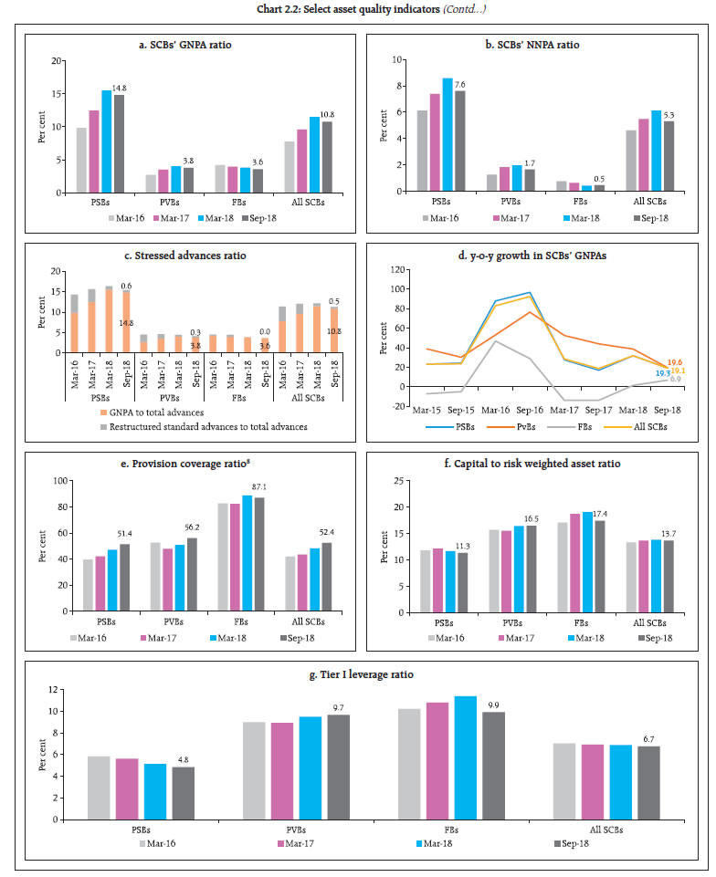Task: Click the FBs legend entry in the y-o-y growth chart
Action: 579,426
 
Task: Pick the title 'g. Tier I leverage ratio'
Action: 362,673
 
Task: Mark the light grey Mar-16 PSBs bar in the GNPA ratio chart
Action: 82,161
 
